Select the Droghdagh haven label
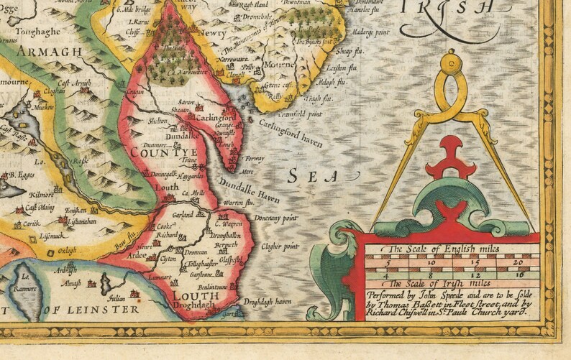coord(268,302)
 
